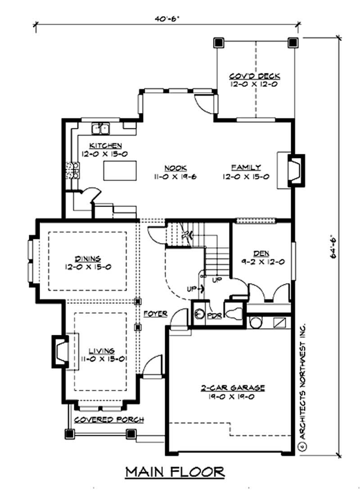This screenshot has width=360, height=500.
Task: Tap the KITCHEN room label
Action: point(105,145)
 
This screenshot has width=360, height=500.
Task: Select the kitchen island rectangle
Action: point(120,171)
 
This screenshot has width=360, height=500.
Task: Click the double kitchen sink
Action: point(102,129)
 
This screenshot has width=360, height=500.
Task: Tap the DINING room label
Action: point(88,258)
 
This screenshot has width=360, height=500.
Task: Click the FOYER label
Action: point(156,313)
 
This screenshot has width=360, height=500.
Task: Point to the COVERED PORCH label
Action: point(109,419)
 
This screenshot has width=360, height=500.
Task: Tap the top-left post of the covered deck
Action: point(219,42)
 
